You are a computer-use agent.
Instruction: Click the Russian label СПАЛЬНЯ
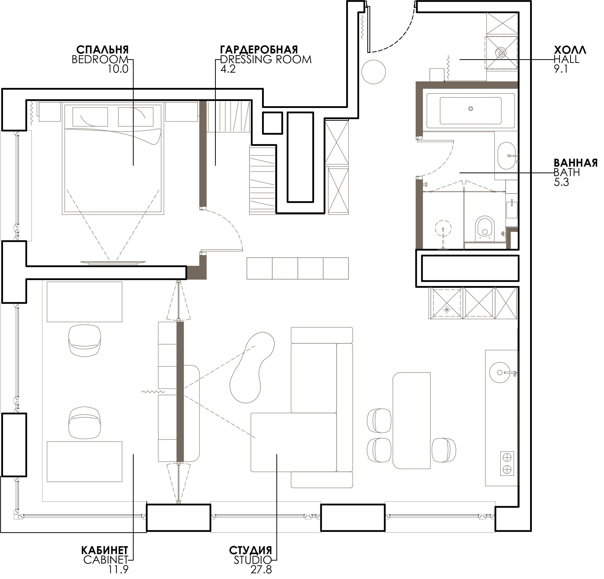(x=102, y=49)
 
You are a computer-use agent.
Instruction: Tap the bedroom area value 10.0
(x=118, y=69)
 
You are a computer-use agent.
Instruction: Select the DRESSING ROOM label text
(x=266, y=59)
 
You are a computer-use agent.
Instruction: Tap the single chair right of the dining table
(x=444, y=450)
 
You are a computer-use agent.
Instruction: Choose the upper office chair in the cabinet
(x=84, y=341)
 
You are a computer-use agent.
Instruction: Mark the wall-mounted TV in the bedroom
(x=112, y=262)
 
